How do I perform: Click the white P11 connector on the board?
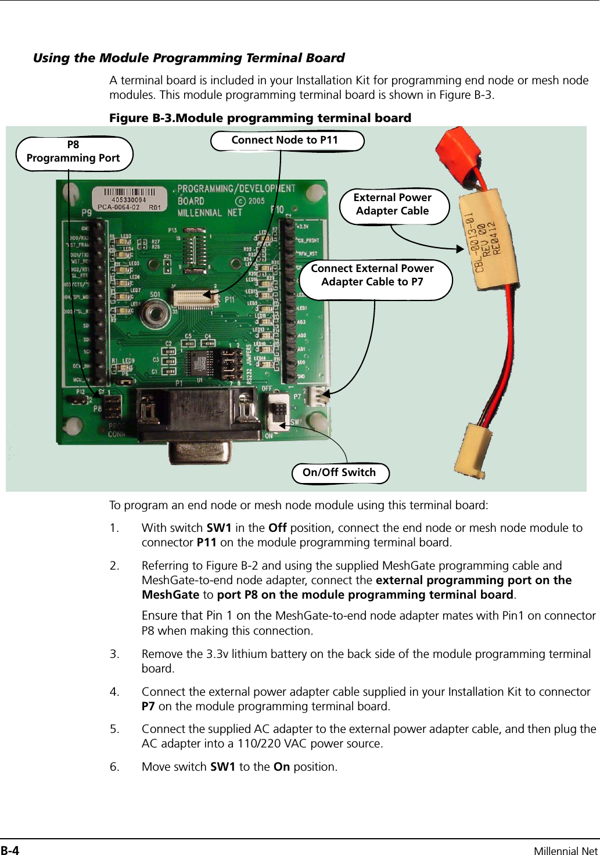[195, 298]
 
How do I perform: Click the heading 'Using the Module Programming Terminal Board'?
[189, 58]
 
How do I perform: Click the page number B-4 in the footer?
[10, 850]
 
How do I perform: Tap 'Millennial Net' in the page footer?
[565, 851]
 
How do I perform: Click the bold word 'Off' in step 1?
[278, 528]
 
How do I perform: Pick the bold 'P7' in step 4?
[148, 706]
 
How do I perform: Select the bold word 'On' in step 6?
[282, 767]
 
